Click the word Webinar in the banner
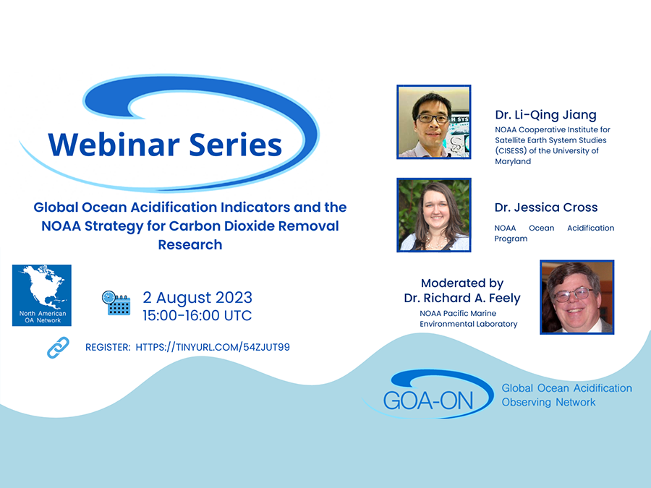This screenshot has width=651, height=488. tap(114, 145)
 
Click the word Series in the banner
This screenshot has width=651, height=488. tap(235, 145)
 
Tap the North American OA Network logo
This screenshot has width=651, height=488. tap(41, 295)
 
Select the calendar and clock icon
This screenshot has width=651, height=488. tap(116, 303)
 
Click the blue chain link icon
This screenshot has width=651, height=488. tap(58, 347)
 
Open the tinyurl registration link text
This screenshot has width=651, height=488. tap(213, 347)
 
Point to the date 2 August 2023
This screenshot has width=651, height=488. tap(197, 298)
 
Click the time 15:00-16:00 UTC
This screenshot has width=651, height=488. tap(197, 315)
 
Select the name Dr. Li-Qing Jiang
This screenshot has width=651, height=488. tap(545, 115)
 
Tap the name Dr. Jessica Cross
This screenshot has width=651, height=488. tap(546, 207)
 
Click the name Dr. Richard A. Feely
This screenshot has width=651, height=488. tap(462, 298)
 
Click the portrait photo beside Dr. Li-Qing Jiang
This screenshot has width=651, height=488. tap(434, 121)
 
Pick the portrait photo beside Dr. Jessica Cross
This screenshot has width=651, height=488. tap(434, 215)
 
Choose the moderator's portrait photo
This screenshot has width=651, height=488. tap(577, 297)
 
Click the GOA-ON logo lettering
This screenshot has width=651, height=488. tap(428, 401)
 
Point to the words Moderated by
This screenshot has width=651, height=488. tap(462, 283)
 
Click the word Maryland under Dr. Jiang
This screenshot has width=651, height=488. tap(513, 161)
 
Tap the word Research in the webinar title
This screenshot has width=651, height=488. tap(190, 245)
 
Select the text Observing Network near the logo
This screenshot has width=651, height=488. tap(548, 402)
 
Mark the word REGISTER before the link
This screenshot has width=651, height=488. tap(108, 347)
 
